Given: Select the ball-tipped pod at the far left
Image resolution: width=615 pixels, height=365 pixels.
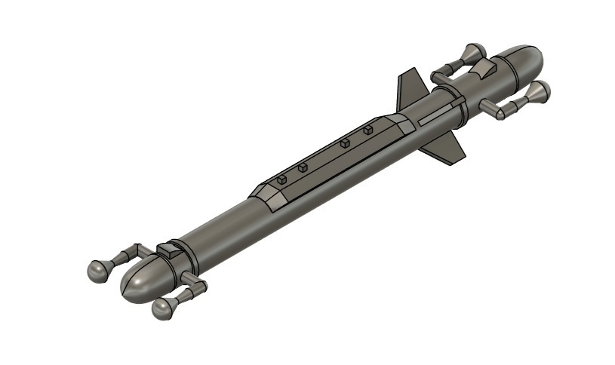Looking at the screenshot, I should point(99,270).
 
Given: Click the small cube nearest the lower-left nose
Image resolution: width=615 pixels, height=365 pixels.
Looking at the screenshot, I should point(281,179).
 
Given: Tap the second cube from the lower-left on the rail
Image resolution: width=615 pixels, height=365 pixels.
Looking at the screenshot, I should point(303,168).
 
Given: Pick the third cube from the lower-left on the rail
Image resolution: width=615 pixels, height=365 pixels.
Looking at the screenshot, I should point(345,143).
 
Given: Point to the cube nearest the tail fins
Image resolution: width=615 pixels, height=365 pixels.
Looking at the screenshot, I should point(367,130).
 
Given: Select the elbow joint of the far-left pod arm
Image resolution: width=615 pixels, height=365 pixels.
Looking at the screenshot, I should point(136,250).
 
